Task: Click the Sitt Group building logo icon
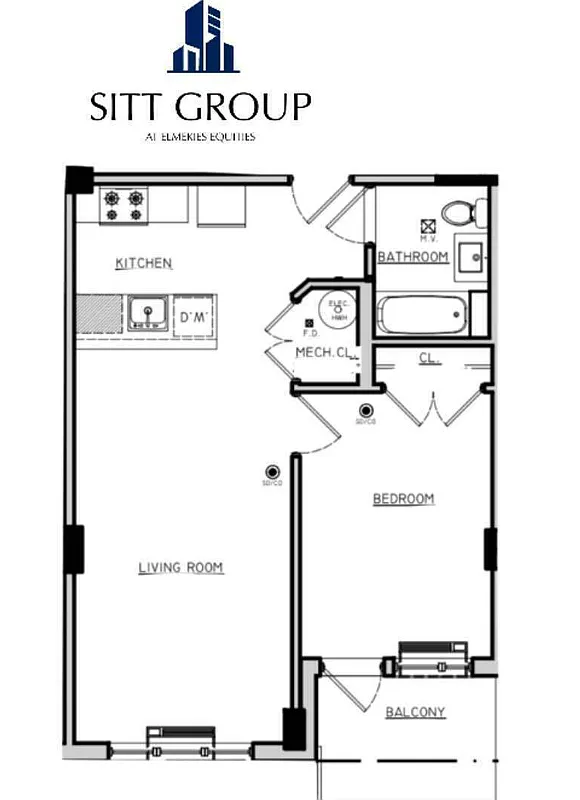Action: click(204, 40)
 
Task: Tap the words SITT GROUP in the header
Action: click(201, 107)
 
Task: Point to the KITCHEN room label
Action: click(144, 264)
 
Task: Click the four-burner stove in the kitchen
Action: click(123, 205)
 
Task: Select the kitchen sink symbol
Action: click(148, 314)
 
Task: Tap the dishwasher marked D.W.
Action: click(192, 316)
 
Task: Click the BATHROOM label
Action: click(412, 257)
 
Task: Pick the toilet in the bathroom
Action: click(463, 212)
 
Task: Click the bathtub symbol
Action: click(424, 316)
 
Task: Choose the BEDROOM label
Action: click(404, 498)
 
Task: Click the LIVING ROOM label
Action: click(180, 568)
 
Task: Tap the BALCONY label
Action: click(415, 712)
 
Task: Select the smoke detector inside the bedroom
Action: click(366, 410)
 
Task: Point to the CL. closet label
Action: click(429, 356)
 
